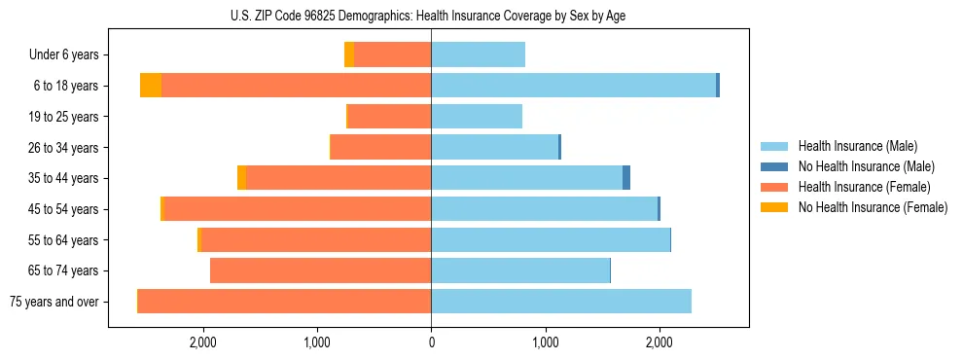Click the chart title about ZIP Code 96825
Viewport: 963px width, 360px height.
(x=428, y=16)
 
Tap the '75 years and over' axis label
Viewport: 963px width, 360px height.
(x=54, y=302)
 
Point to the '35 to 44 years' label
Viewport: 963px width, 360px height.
(x=63, y=178)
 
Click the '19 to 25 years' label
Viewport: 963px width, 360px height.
(x=63, y=117)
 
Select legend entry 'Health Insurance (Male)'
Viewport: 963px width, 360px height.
(x=857, y=146)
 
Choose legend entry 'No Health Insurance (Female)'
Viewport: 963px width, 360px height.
(x=873, y=207)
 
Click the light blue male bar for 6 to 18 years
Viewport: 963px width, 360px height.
(x=574, y=86)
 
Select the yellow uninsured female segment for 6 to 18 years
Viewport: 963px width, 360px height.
(x=151, y=86)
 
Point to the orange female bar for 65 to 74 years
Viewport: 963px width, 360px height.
(x=321, y=270)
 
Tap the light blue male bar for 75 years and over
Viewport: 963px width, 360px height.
(x=561, y=302)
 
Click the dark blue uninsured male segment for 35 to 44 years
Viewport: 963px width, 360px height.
(x=626, y=178)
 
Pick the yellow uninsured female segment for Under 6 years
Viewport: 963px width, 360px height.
(x=349, y=55)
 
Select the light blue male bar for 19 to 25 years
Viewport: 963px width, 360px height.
(x=477, y=117)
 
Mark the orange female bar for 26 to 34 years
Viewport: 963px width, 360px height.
(x=381, y=147)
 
